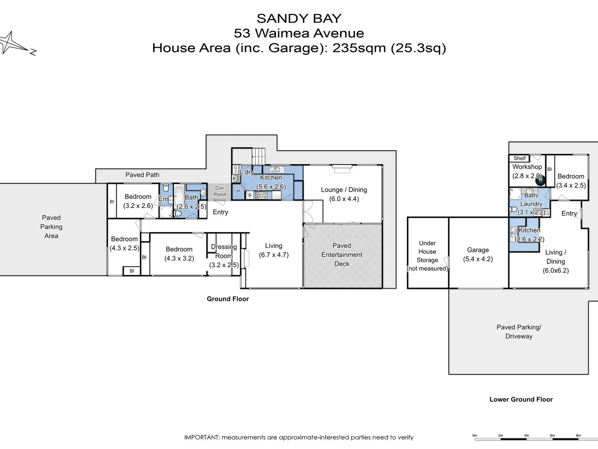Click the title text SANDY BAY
[x=299, y=19]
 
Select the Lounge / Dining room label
[x=344, y=190]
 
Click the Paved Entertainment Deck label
[x=342, y=254]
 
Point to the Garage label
[x=478, y=250]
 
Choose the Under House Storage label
[x=427, y=252]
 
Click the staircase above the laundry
[x=259, y=156]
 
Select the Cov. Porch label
[x=220, y=191]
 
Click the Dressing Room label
[x=224, y=251]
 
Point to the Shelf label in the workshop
[x=520, y=158]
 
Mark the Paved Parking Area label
[x=51, y=227]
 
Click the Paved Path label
[x=142, y=175]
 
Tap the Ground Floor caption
[x=228, y=299]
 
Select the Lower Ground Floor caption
[x=521, y=400]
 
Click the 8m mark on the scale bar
[x=578, y=436]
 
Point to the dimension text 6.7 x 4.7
[x=274, y=255]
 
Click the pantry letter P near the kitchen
[x=238, y=192]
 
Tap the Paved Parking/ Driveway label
[x=519, y=332]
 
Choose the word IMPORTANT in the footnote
[x=201, y=437]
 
